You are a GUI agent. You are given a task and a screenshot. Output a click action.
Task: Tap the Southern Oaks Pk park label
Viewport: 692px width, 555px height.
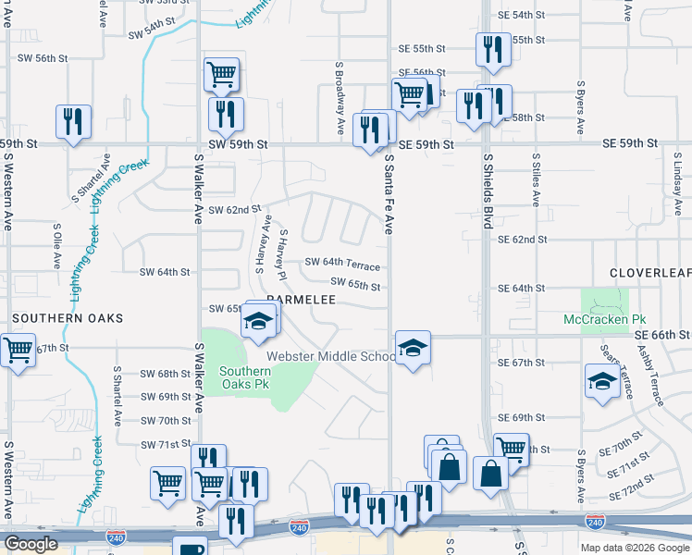coord(244,378)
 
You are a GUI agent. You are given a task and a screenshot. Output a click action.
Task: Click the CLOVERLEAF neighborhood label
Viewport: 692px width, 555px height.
coord(650,273)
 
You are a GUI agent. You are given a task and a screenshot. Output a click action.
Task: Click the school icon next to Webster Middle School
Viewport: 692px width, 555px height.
coord(413,348)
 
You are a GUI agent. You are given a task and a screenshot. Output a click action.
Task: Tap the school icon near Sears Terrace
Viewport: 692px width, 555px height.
coord(601,379)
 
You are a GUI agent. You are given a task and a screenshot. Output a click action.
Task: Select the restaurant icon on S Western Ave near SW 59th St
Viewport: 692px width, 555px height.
coord(73,121)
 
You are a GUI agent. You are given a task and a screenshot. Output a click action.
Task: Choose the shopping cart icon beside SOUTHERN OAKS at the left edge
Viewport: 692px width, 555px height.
coord(16,351)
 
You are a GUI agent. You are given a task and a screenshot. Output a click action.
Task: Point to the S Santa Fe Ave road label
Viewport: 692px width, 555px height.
coord(389,194)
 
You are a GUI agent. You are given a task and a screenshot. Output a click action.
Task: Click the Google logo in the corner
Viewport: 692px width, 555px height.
coord(31,544)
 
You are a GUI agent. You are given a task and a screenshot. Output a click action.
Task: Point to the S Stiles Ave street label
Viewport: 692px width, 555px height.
coord(536,181)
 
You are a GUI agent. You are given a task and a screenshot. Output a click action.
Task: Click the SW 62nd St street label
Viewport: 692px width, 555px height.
coord(228,210)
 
